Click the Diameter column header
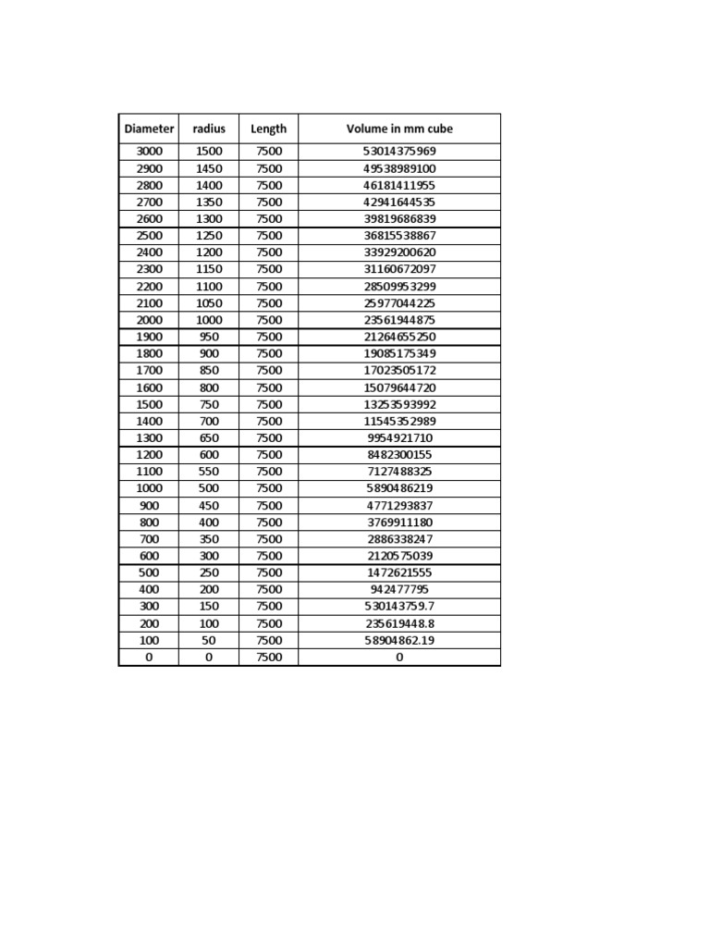point(149,129)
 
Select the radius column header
point(209,129)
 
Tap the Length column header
point(269,129)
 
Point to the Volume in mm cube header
point(399,129)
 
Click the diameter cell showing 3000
point(149,152)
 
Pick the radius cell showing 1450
point(209,168)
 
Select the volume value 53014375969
point(399,152)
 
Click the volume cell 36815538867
point(399,236)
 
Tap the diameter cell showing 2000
point(149,320)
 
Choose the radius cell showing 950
point(209,337)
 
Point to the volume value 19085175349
point(399,353)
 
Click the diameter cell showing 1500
point(149,404)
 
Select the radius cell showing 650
point(209,437)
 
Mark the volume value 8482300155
point(399,455)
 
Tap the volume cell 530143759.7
point(399,606)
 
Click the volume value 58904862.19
point(399,640)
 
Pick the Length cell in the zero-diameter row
point(269,657)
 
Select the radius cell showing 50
point(209,640)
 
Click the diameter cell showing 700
point(149,539)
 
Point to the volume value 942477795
point(399,589)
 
